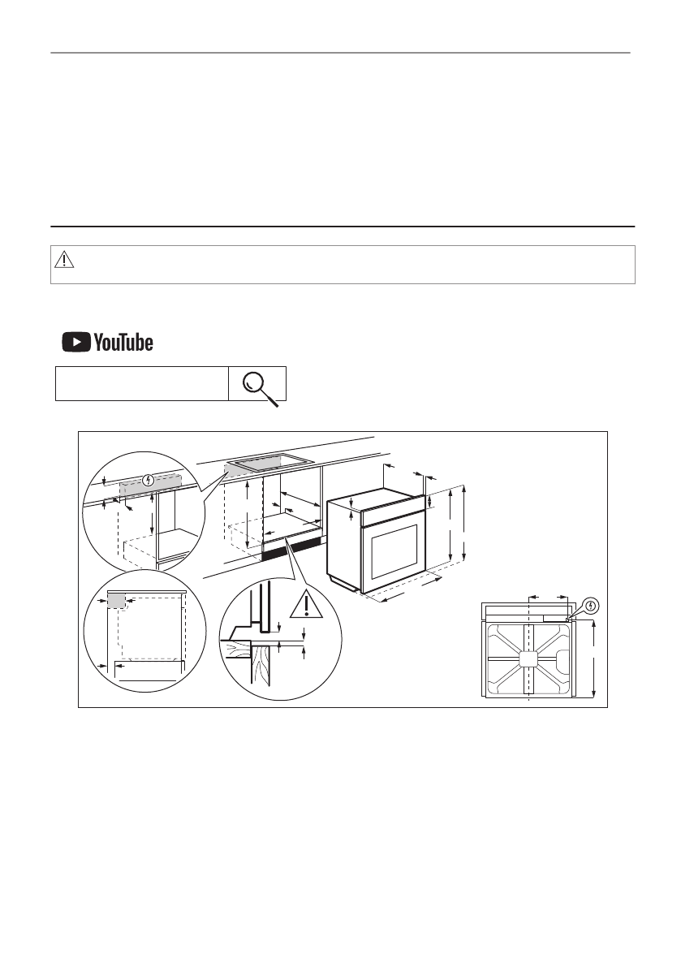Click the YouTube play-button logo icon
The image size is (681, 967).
[x=76, y=343]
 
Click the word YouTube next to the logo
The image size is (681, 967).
[x=123, y=343]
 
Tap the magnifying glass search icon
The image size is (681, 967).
[x=260, y=387]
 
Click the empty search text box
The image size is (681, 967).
[x=142, y=383]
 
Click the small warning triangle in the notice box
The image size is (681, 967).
[x=64, y=260]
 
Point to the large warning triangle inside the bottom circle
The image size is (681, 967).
[x=306, y=604]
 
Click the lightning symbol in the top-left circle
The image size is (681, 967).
[x=147, y=479]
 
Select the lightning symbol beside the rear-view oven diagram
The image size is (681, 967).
[x=591, y=607]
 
